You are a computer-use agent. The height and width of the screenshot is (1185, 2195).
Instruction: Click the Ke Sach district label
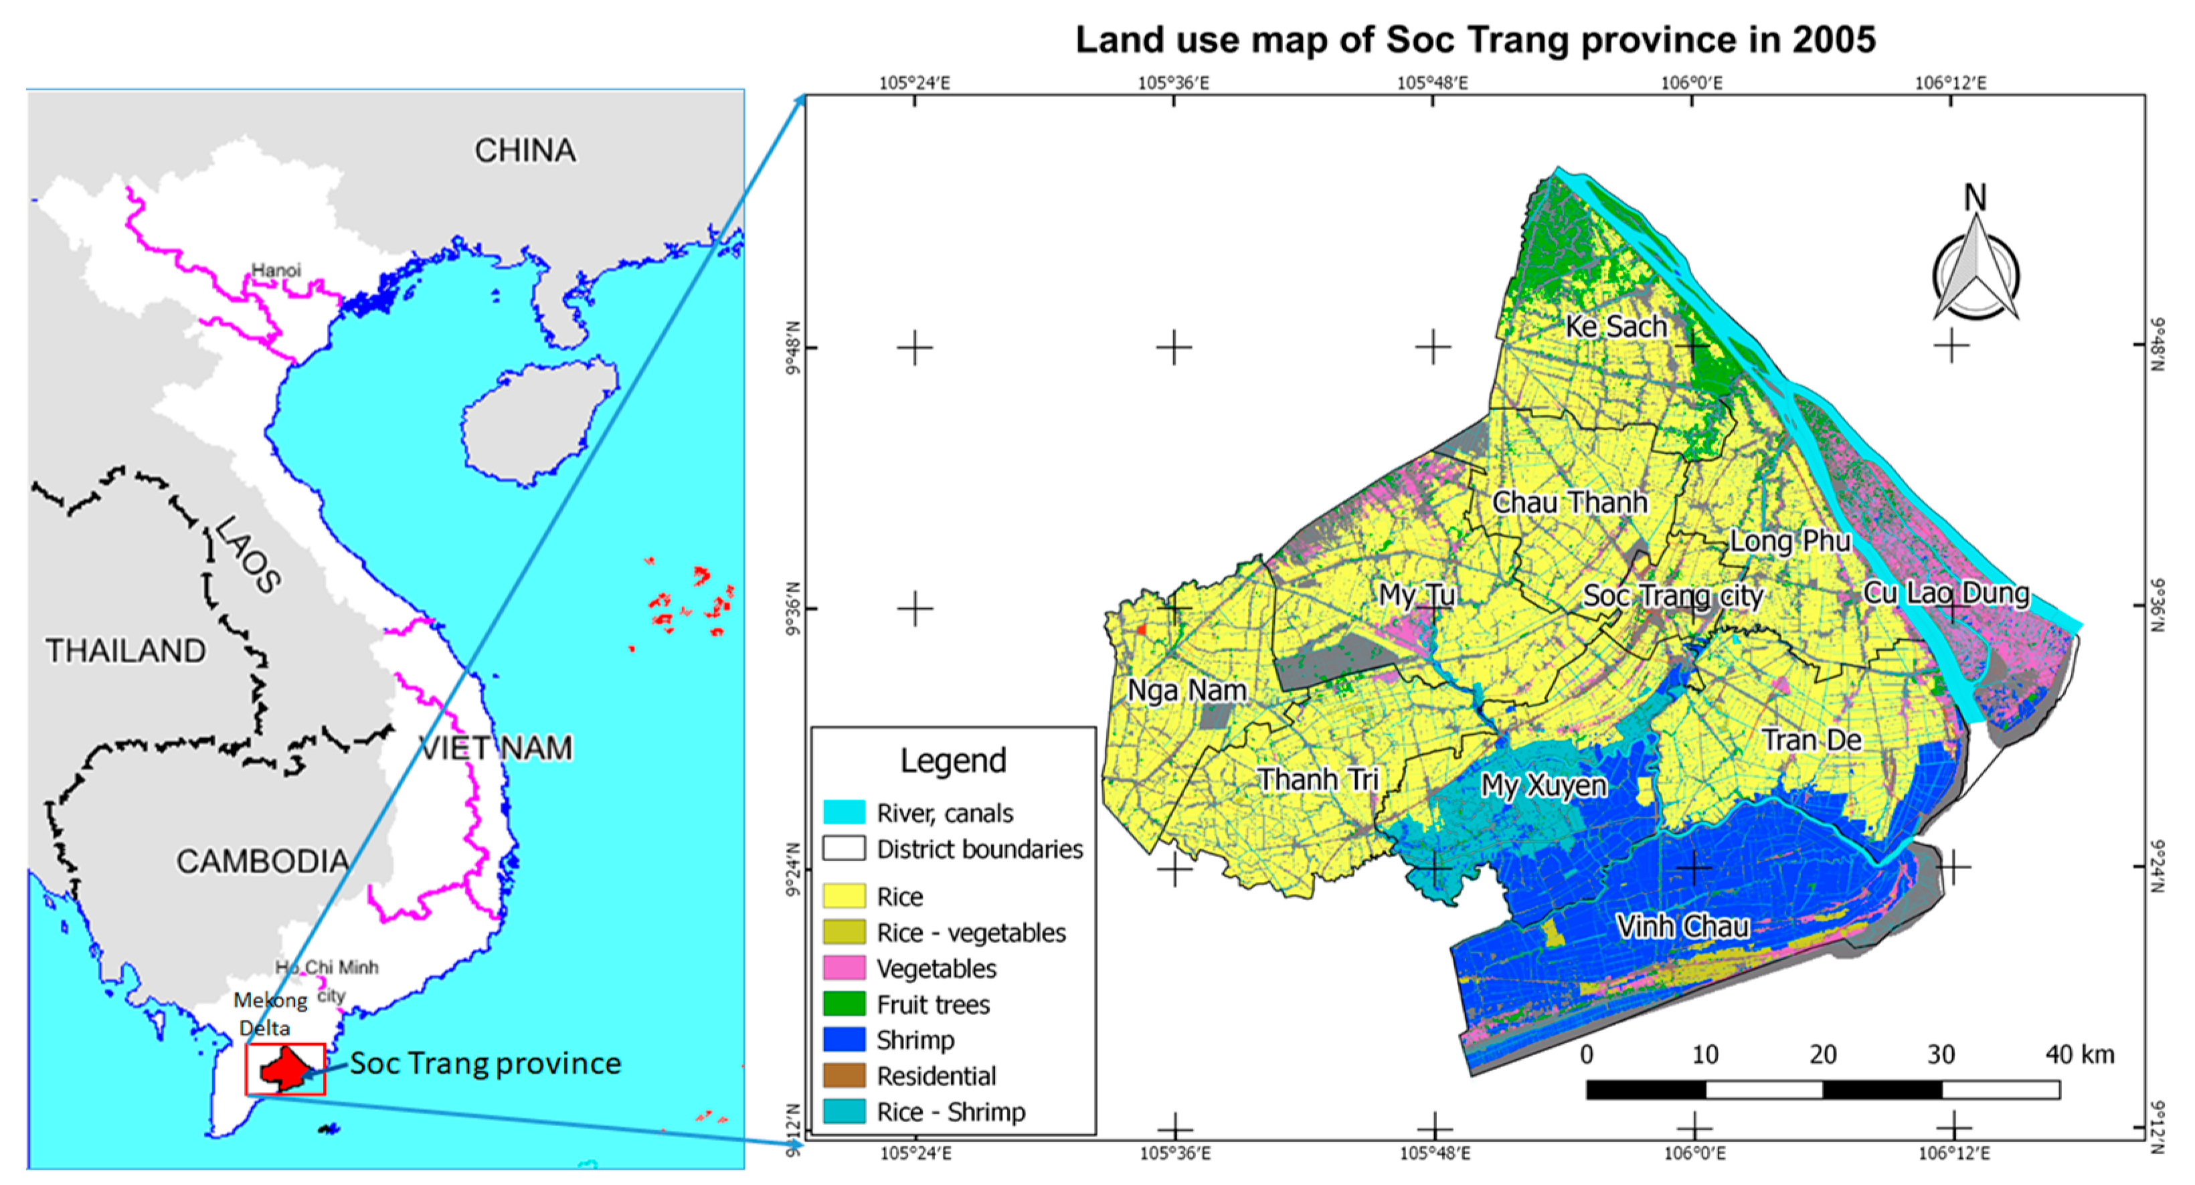click(x=1615, y=327)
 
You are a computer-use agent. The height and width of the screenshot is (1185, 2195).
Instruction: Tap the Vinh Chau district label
click(x=1683, y=926)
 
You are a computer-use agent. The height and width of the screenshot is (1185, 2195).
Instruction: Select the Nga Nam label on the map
click(x=1187, y=690)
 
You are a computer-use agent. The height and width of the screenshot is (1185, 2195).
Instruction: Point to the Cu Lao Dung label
click(x=1946, y=593)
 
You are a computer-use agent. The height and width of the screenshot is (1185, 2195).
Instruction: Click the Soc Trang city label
click(x=1672, y=596)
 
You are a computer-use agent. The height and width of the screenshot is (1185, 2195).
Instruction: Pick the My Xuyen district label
click(x=1543, y=786)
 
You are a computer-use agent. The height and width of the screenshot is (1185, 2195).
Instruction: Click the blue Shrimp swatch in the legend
click(x=844, y=1040)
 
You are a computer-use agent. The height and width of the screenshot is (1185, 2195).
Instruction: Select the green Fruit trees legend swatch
click(x=844, y=1004)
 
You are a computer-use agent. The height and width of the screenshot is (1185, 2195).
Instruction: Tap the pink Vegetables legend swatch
click(x=844, y=969)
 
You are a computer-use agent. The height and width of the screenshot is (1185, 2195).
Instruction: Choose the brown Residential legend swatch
click(x=844, y=1076)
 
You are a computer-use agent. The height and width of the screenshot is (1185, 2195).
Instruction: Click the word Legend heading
click(x=953, y=760)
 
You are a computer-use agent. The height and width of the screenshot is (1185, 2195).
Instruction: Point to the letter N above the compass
click(x=1974, y=197)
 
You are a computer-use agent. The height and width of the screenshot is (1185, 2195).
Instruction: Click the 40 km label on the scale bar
click(x=2079, y=1055)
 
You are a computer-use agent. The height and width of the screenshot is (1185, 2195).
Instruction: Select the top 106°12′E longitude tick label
click(x=1951, y=82)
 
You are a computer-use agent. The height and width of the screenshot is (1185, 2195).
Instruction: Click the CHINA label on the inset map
click(x=525, y=151)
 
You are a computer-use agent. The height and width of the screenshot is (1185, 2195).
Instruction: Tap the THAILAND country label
click(x=126, y=651)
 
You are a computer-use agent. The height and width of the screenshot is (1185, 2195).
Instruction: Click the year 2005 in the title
click(x=1833, y=39)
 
